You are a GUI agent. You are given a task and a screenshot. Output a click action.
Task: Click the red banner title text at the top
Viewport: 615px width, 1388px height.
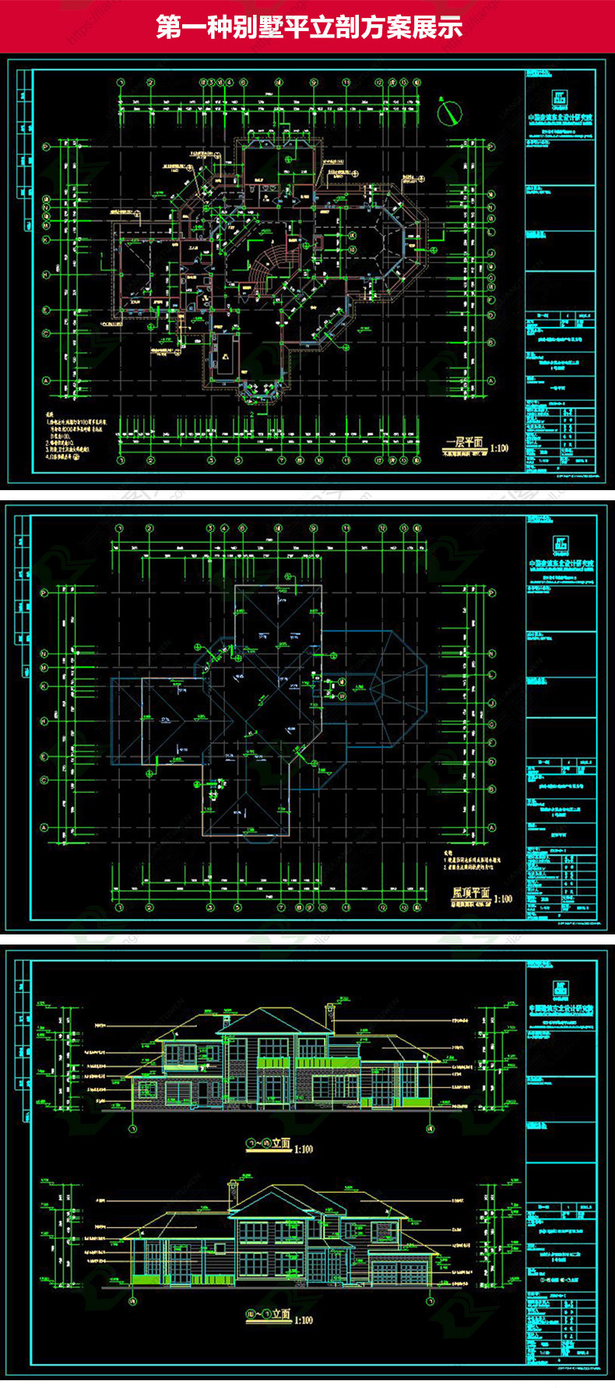click(309, 26)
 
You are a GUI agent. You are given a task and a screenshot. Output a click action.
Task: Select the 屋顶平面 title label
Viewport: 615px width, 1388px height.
click(470, 892)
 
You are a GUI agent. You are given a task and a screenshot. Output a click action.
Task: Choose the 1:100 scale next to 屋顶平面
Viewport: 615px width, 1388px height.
click(503, 899)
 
